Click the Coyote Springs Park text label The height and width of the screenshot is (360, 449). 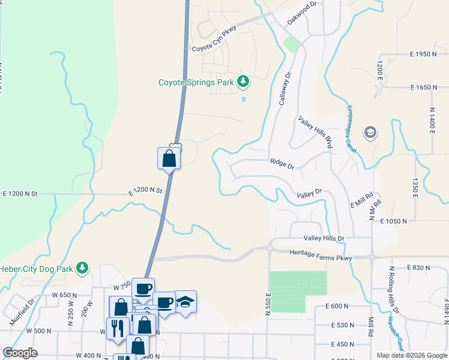196,82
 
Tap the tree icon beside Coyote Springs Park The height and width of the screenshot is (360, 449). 243,80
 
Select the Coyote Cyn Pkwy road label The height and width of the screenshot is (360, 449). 214,39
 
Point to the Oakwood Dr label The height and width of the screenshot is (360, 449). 301,13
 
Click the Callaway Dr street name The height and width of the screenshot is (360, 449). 285,89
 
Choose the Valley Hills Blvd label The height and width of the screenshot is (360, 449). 316,133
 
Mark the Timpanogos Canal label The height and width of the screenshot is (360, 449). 352,129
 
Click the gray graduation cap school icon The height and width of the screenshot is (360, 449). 371,133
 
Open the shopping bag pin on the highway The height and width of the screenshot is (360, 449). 169,159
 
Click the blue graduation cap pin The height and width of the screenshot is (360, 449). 185,302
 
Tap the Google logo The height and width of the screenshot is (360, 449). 20,352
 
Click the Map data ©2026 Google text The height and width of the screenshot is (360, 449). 411,355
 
